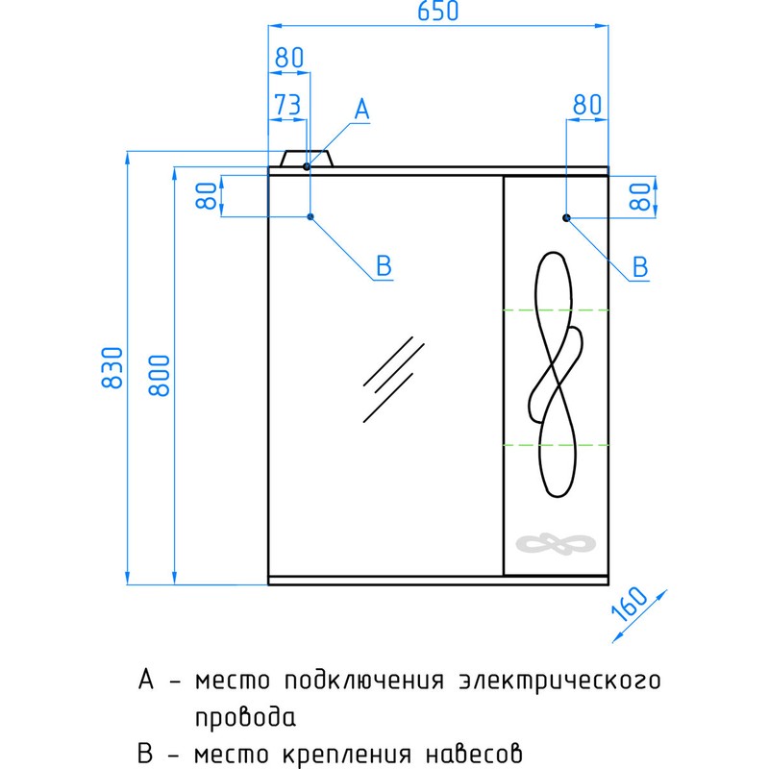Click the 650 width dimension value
438,12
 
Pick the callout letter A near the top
361,110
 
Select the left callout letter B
384,266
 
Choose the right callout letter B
641,266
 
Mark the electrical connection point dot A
307,166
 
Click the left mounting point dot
310,217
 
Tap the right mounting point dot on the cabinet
566,218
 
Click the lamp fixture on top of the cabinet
308,159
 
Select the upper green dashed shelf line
556,310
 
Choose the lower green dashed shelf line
556,445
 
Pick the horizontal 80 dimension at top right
586,104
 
